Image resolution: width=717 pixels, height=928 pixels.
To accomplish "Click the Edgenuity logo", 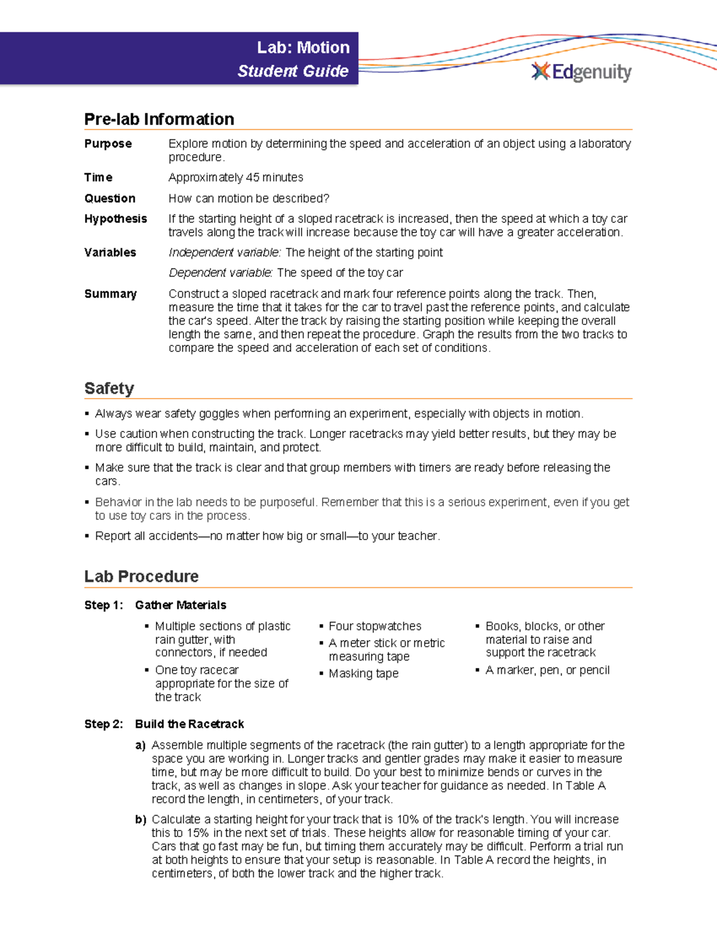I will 581,72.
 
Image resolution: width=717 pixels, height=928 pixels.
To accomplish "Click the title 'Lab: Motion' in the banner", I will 303,48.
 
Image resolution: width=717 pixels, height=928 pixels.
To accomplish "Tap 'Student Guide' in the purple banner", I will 293,71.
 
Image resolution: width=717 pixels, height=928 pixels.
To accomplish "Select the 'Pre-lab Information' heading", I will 159,120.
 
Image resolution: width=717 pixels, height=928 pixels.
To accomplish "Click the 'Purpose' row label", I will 108,144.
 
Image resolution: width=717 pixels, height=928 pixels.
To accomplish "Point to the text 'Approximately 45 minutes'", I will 235,177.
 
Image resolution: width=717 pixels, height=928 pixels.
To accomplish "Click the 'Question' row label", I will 110,198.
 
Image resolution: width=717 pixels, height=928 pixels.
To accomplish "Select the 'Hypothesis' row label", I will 115,219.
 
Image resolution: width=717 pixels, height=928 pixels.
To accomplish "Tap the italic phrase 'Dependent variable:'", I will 220,273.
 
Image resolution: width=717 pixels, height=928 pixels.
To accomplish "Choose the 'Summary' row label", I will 111,294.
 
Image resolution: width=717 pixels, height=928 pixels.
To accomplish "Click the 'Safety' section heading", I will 109,388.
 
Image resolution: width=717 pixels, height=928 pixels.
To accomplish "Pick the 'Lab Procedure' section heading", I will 142,577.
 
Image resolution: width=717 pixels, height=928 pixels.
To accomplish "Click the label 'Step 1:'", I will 104,605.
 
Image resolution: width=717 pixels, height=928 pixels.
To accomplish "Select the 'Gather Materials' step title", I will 180,605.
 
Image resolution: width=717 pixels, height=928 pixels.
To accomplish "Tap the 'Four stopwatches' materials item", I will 375,626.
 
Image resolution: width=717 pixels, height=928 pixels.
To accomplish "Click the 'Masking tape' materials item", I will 363,673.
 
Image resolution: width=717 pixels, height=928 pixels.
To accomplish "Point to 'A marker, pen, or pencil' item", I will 547,670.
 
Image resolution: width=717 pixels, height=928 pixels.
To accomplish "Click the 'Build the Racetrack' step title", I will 189,724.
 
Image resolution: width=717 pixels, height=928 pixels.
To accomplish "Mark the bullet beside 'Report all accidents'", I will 87,536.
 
